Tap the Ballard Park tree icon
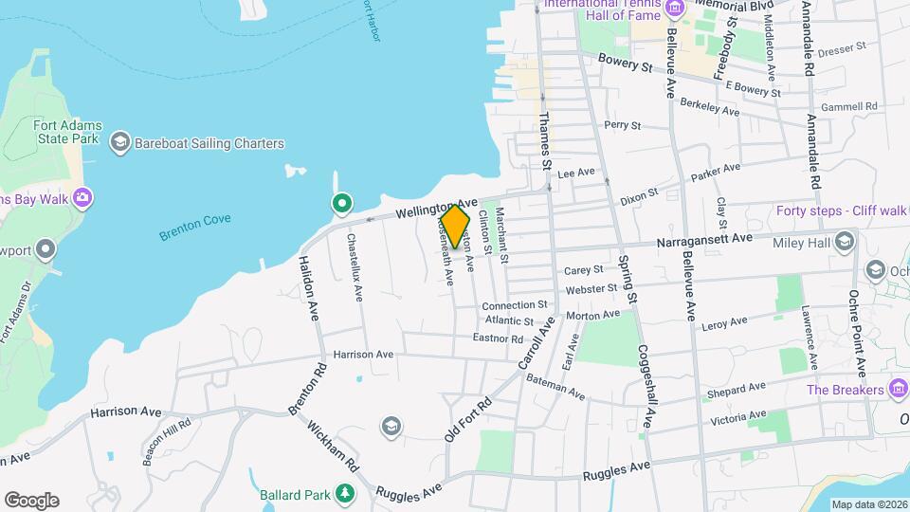point(346,494)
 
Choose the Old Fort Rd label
point(468,418)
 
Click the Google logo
point(31,501)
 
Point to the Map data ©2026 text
point(868,504)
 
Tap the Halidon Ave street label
point(308,288)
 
